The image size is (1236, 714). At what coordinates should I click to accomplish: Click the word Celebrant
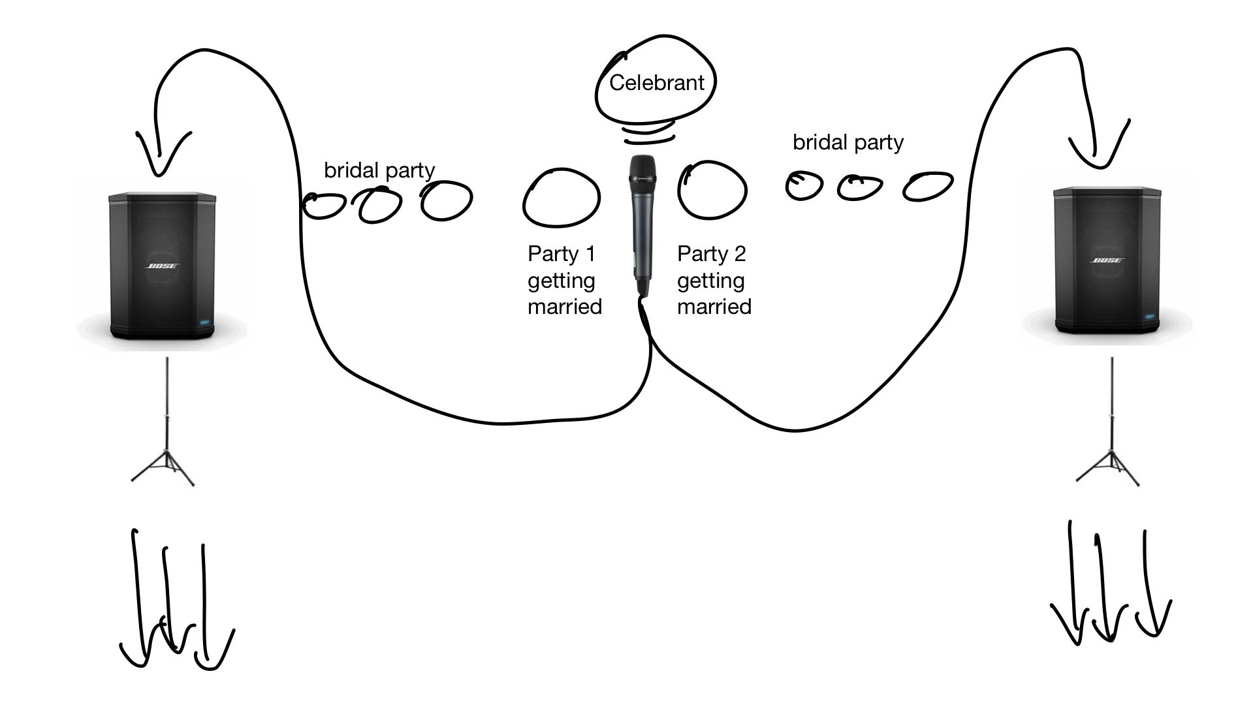(656, 83)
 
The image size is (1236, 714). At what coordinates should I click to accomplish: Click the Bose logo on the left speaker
(161, 266)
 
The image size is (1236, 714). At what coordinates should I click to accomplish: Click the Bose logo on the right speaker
(1107, 260)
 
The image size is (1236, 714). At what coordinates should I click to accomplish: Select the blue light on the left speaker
(206, 322)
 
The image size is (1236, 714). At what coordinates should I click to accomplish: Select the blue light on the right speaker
(1150, 317)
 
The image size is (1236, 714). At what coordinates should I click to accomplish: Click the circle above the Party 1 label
(561, 198)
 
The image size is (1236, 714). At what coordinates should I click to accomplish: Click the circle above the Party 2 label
(712, 190)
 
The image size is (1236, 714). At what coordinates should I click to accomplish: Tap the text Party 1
(562, 253)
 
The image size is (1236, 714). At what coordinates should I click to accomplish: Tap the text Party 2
(711, 253)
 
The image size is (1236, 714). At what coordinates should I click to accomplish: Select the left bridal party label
(379, 170)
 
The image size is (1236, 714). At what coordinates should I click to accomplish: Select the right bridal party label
(848, 142)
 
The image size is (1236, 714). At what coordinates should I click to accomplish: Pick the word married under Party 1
(565, 306)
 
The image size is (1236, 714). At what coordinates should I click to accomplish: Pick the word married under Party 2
(714, 306)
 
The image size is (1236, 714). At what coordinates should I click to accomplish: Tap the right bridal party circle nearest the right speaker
(928, 186)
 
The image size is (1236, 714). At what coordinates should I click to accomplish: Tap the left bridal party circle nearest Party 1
(447, 200)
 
